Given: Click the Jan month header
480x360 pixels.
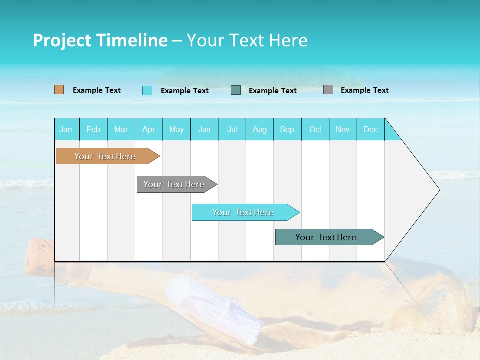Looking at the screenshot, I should tap(66, 129).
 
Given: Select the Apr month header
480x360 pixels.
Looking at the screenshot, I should tap(148, 129).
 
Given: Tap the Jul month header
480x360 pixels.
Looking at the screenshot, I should tap(232, 129).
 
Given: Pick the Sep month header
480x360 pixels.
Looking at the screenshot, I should tap(287, 129).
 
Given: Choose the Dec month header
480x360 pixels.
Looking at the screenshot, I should tap(370, 129).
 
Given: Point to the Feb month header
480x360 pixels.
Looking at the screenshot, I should tap(93, 129).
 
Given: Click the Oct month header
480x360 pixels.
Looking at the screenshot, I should tap(315, 129).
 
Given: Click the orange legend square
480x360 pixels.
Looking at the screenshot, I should tap(59, 90).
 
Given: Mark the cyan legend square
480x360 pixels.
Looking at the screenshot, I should tap(147, 90).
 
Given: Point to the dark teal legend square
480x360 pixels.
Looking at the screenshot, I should tap(236, 90).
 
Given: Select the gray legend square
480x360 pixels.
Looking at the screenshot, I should tap(328, 90).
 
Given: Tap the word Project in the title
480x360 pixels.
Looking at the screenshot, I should tap(62, 40).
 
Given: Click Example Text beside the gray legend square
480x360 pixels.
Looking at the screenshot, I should tap(364, 90).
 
